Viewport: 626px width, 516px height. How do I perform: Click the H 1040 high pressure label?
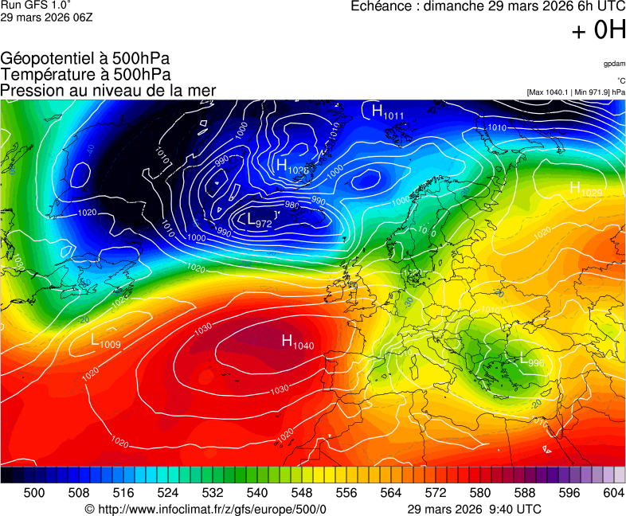point(298,342)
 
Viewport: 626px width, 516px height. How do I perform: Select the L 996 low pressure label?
point(531,360)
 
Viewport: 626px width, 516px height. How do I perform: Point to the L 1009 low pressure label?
point(106,341)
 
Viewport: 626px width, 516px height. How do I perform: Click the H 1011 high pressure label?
point(388,112)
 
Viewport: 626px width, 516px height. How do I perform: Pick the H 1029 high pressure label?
point(585,189)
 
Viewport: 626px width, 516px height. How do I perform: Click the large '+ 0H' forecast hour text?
point(598,30)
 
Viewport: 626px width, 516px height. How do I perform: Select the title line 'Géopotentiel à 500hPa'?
point(85,59)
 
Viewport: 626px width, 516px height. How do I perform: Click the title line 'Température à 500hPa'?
point(85,74)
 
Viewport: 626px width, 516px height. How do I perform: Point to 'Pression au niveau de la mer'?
point(108,90)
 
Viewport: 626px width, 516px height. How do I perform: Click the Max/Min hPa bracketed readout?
point(576,92)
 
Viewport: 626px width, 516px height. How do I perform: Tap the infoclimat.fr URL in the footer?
point(205,509)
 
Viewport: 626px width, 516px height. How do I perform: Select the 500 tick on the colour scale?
point(33,493)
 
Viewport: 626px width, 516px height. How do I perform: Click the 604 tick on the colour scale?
point(613,493)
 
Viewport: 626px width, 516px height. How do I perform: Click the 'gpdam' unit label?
point(613,64)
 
